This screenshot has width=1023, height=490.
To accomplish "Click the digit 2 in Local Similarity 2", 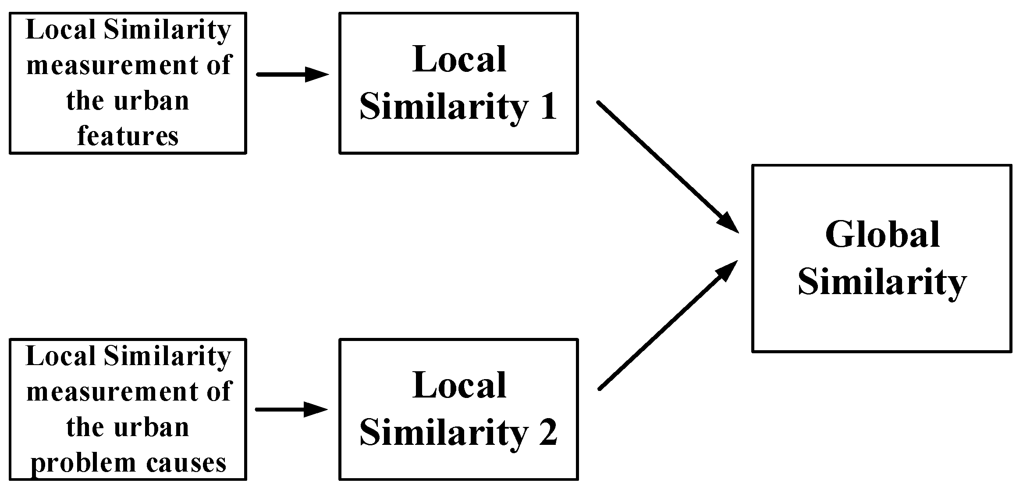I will [548, 433].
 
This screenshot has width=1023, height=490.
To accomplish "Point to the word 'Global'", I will [882, 234].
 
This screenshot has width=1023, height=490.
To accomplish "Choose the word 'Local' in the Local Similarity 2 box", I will [459, 385].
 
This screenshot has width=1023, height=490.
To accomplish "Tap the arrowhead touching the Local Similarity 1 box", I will [316, 75].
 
